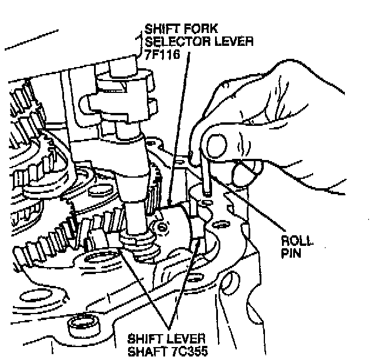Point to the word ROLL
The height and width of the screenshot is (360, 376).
click(296, 242)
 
